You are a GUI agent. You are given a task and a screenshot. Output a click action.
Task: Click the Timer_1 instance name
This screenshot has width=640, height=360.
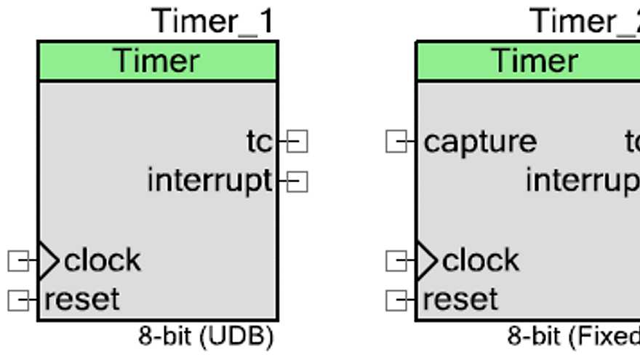(x=213, y=21)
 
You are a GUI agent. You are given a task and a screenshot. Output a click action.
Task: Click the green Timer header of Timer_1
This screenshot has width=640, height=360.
(x=157, y=60)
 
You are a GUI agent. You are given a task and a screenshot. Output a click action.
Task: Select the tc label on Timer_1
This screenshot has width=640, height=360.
(x=259, y=142)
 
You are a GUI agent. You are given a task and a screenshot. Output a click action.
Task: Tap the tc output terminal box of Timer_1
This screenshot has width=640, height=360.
(x=297, y=142)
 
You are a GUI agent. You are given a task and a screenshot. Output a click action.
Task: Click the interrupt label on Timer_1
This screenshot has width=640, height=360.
(x=209, y=180)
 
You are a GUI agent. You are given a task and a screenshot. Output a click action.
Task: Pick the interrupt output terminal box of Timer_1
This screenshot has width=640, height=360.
(x=297, y=181)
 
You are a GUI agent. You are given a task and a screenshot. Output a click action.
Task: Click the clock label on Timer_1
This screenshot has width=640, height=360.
(x=103, y=260)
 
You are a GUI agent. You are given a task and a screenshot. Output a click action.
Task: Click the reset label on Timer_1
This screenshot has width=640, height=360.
(x=81, y=299)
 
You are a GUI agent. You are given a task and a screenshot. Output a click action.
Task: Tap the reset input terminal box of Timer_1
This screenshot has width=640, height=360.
(x=18, y=299)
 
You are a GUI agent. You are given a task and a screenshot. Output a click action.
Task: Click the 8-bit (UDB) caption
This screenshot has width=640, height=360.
(x=206, y=337)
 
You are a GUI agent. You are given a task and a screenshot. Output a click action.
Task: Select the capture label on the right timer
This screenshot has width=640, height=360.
(x=480, y=142)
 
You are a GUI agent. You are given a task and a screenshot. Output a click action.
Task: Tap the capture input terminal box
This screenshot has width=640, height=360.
(x=396, y=142)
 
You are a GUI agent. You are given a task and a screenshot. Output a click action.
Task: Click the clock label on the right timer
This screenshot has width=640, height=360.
(x=481, y=260)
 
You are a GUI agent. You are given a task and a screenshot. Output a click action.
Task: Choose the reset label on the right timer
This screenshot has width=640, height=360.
(x=460, y=299)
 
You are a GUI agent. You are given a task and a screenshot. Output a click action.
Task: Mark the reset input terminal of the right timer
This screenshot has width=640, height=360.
(x=396, y=299)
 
